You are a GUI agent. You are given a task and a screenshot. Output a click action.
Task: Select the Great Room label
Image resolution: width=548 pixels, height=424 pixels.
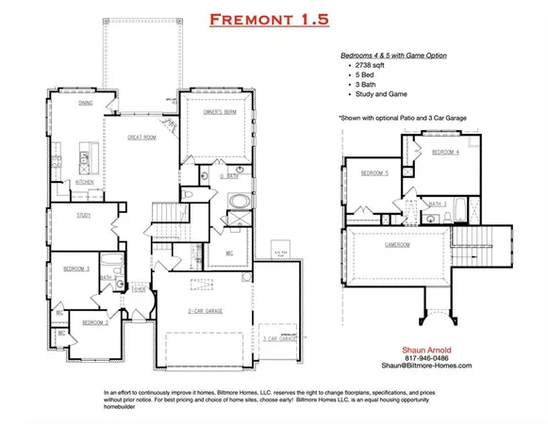pyautogui.click(x=141, y=137)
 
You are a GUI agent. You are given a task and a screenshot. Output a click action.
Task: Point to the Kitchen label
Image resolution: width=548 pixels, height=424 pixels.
pyautogui.click(x=84, y=182)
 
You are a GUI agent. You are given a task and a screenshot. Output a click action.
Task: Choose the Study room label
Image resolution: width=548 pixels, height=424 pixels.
pyautogui.click(x=84, y=216)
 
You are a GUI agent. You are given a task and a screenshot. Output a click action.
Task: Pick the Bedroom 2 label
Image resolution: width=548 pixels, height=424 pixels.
pyautogui.click(x=95, y=322)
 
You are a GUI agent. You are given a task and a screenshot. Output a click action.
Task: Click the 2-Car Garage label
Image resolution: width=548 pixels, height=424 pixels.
pyautogui.click(x=204, y=307)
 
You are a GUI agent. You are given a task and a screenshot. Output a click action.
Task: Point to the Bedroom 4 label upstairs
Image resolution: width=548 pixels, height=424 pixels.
pyautogui.click(x=446, y=152)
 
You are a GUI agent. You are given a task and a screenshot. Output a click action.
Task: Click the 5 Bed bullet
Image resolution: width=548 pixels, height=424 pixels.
pyautogui.click(x=365, y=82)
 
